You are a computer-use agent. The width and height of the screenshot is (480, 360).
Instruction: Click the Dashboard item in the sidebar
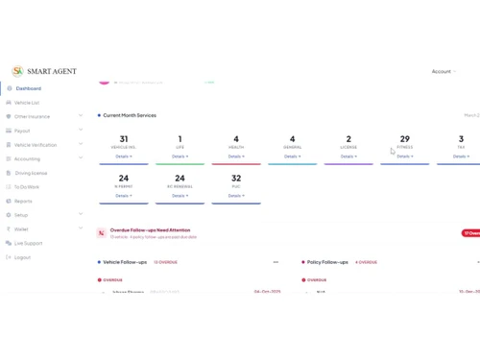point(28,88)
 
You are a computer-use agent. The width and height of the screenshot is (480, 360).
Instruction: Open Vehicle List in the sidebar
point(27,103)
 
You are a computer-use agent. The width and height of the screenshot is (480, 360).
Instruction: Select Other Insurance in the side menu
point(32,116)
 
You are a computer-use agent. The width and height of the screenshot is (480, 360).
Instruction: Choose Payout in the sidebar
point(22,131)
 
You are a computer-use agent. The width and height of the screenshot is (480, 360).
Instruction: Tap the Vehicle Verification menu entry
point(36,145)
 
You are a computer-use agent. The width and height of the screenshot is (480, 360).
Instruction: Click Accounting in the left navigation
point(27,159)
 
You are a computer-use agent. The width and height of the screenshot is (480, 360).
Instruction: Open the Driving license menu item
point(31,173)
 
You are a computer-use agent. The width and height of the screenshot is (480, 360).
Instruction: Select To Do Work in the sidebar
point(27,187)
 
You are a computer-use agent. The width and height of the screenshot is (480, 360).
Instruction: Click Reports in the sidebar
point(23,202)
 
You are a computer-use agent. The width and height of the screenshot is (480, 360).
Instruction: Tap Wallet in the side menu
point(21,229)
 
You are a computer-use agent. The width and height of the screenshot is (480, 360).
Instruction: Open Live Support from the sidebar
point(28,243)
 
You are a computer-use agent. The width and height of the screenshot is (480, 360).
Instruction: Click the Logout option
point(22,257)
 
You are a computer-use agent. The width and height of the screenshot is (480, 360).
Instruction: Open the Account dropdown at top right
point(443,71)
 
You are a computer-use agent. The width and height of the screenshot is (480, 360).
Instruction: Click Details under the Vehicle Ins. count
point(124,156)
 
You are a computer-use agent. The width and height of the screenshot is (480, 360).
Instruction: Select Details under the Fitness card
point(405,156)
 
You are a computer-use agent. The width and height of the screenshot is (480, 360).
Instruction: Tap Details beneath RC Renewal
point(180,196)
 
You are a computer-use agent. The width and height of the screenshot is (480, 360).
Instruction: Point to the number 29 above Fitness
point(404,139)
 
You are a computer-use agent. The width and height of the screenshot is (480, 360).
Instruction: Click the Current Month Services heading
point(130,115)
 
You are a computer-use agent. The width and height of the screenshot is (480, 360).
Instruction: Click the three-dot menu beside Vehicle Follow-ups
point(276,262)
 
